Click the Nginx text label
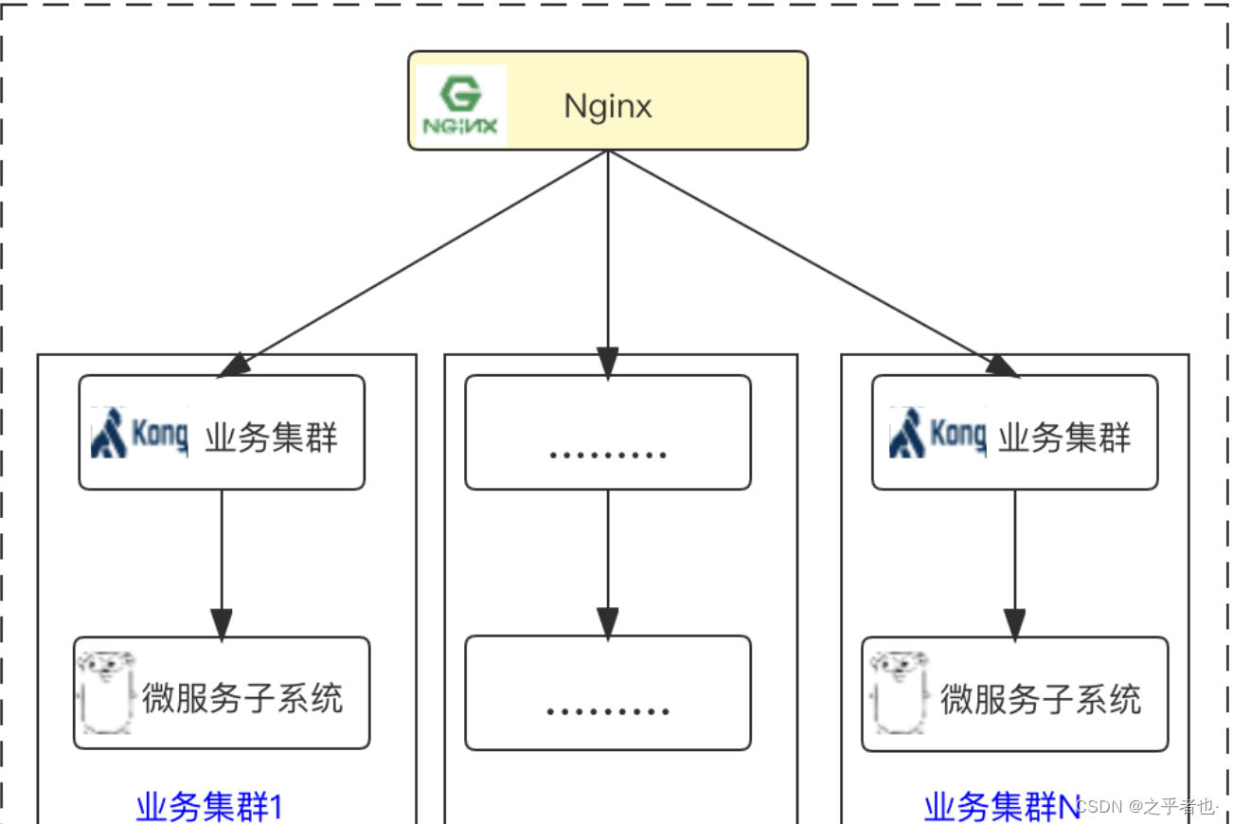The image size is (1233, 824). pos(607,105)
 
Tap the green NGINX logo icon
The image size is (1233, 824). pos(461,105)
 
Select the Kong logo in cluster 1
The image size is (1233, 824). pos(139,433)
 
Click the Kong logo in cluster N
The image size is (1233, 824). pos(937,433)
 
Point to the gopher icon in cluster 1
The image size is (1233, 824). pos(106,691)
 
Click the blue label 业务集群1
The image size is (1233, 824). pos(209,807)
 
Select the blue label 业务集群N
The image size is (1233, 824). pos(1001,807)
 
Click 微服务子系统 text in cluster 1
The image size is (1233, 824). pos(241,698)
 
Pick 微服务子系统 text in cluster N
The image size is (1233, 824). pos(1040,699)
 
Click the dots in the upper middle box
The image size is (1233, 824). pos(607,454)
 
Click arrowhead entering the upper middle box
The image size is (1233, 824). pos(607,363)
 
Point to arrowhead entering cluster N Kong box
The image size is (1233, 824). pos(1002,367)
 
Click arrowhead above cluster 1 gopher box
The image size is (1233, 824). pos(222,624)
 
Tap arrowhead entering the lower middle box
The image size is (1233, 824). pos(607,622)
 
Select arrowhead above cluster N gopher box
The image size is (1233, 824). pos(1014,624)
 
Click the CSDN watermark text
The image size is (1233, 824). pos(1147,806)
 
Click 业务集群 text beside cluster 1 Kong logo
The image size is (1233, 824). pos(271,437)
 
